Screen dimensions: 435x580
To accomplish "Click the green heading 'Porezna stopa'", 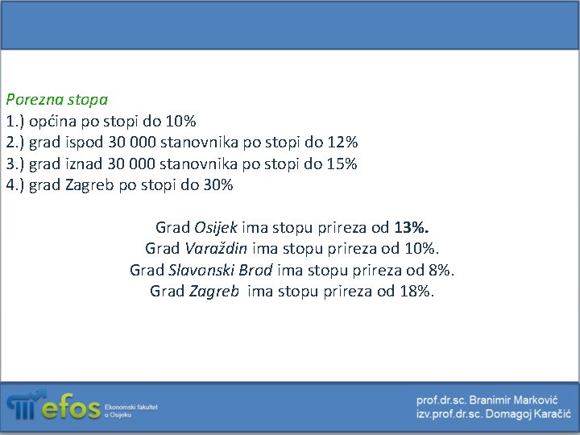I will click(x=56, y=101).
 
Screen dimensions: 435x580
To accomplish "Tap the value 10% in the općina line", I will click(x=180, y=122).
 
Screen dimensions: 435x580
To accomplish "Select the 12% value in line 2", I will click(x=342, y=143).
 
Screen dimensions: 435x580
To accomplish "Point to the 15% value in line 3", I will click(x=342, y=164).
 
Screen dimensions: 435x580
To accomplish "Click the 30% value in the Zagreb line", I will click(x=217, y=185).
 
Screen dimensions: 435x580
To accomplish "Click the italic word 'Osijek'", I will click(x=216, y=227).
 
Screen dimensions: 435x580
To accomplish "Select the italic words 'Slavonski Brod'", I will click(x=221, y=270).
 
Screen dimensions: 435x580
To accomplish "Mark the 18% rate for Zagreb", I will click(x=416, y=291).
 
